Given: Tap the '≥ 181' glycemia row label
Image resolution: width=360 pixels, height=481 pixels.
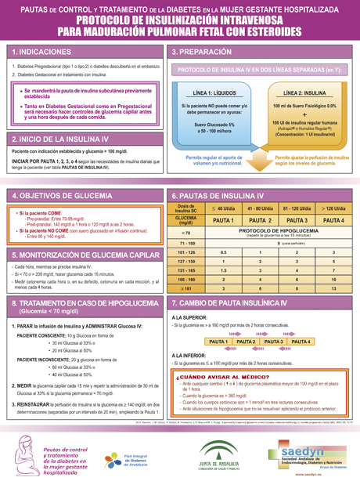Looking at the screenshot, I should [x=185, y=289].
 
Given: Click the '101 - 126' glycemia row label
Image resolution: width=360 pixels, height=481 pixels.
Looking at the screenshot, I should [x=185, y=252].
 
